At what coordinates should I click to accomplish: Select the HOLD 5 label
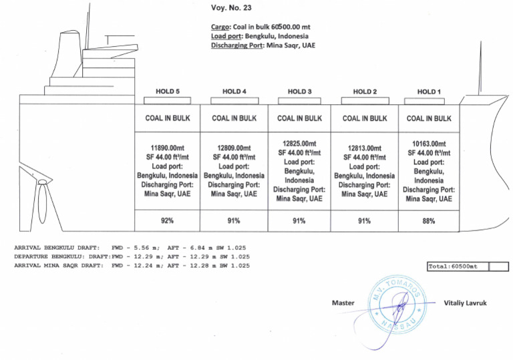[168, 92]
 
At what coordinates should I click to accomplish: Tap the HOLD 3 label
[299, 92]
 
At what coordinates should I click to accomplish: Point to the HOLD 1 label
[429, 92]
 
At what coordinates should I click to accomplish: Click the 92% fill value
[168, 220]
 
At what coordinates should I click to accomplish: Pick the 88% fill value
[429, 220]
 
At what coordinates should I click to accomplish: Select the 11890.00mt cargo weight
[168, 148]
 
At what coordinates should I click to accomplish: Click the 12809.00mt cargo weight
[234, 148]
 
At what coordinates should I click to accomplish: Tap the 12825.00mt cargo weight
[299, 144]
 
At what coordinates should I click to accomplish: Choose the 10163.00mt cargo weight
[429, 144]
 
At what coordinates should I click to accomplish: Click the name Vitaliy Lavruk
[466, 303]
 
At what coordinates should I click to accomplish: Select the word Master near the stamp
[343, 303]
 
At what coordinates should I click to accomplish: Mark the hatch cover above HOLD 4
[233, 100]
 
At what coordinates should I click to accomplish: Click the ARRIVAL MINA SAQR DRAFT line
[132, 266]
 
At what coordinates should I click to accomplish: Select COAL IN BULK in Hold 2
[364, 119]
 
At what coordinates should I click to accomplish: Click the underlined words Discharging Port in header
[237, 45]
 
